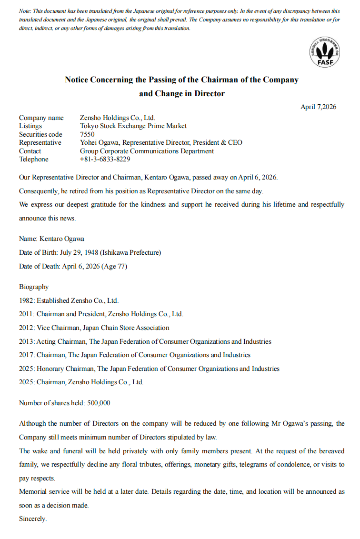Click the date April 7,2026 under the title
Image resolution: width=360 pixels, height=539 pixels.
point(318,107)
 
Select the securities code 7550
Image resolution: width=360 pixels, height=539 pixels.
point(87,134)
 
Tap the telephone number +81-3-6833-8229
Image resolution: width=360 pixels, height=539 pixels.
point(105,159)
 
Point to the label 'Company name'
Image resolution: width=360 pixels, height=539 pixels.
point(41,118)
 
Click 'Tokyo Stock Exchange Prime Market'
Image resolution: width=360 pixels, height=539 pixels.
point(133,126)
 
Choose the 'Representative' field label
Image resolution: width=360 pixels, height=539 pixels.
point(40,142)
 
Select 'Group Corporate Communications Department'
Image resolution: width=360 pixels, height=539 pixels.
point(147,151)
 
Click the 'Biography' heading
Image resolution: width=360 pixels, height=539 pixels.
point(34,287)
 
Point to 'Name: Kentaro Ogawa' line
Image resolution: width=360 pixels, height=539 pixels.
point(51,239)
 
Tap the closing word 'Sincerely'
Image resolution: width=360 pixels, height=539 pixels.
point(32,519)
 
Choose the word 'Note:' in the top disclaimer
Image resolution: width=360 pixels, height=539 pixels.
point(25,11)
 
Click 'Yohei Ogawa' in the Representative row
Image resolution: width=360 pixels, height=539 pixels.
point(99,142)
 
